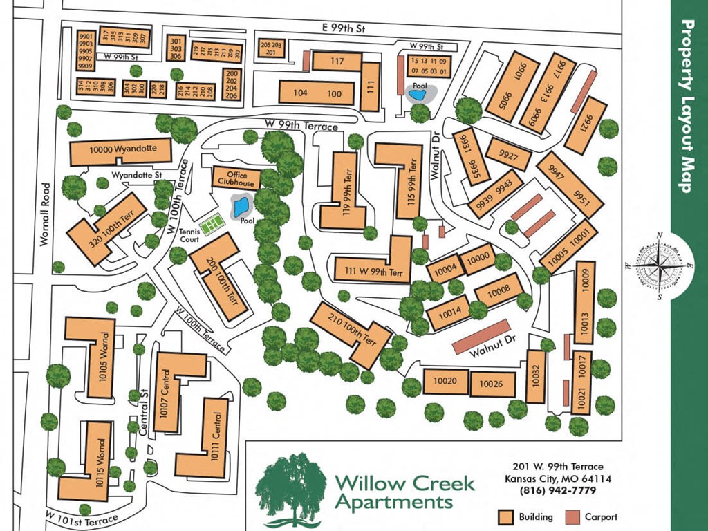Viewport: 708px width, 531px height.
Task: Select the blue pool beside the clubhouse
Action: [240, 205]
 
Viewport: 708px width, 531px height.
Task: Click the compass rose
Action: [660, 265]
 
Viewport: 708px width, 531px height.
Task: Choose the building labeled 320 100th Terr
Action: [107, 228]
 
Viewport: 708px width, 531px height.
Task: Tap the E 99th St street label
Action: [343, 28]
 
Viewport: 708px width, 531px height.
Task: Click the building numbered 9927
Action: [508, 155]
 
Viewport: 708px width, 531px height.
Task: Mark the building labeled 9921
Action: [585, 124]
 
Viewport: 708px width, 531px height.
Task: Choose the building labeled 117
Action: [337, 62]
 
